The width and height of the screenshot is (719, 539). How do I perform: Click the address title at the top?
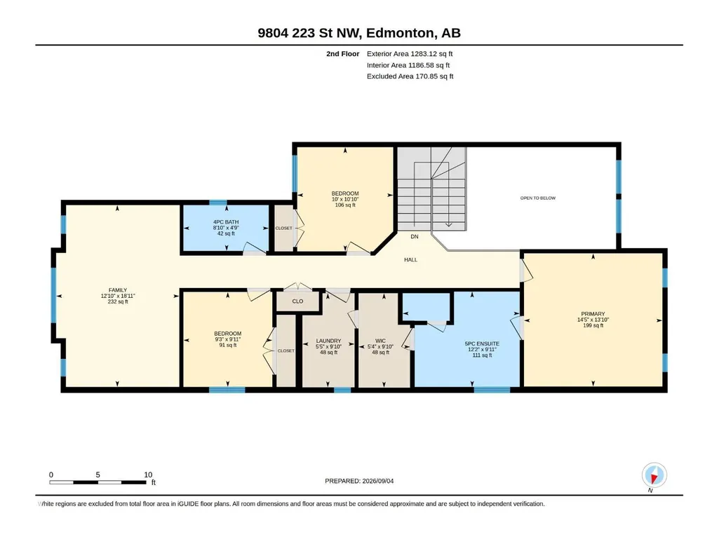[359, 33]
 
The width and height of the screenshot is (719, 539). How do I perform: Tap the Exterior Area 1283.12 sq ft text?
[410, 54]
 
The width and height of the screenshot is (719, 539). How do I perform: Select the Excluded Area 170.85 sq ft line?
[410, 76]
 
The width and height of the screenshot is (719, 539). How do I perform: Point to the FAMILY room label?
[118, 290]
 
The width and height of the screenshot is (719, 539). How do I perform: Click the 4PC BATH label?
[226, 221]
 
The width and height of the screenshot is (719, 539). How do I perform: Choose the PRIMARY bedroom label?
[593, 314]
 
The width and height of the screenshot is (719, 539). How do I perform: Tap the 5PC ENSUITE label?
[482, 343]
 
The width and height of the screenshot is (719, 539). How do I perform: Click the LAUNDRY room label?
[328, 341]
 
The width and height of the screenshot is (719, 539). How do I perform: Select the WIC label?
[380, 341]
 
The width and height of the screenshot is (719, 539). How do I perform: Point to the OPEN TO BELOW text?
[538, 198]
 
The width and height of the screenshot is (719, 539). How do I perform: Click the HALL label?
[411, 259]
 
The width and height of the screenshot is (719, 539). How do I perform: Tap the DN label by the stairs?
[415, 236]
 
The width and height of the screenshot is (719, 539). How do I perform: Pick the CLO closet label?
[297, 301]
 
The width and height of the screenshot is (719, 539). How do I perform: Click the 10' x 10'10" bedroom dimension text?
[345, 199]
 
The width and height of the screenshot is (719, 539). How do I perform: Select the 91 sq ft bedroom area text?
[228, 345]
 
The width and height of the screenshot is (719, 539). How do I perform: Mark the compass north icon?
[654, 476]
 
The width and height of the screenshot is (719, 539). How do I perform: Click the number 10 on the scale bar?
[148, 475]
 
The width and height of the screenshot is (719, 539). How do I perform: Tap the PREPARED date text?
[359, 481]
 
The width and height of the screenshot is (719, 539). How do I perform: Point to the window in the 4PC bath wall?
[218, 203]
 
